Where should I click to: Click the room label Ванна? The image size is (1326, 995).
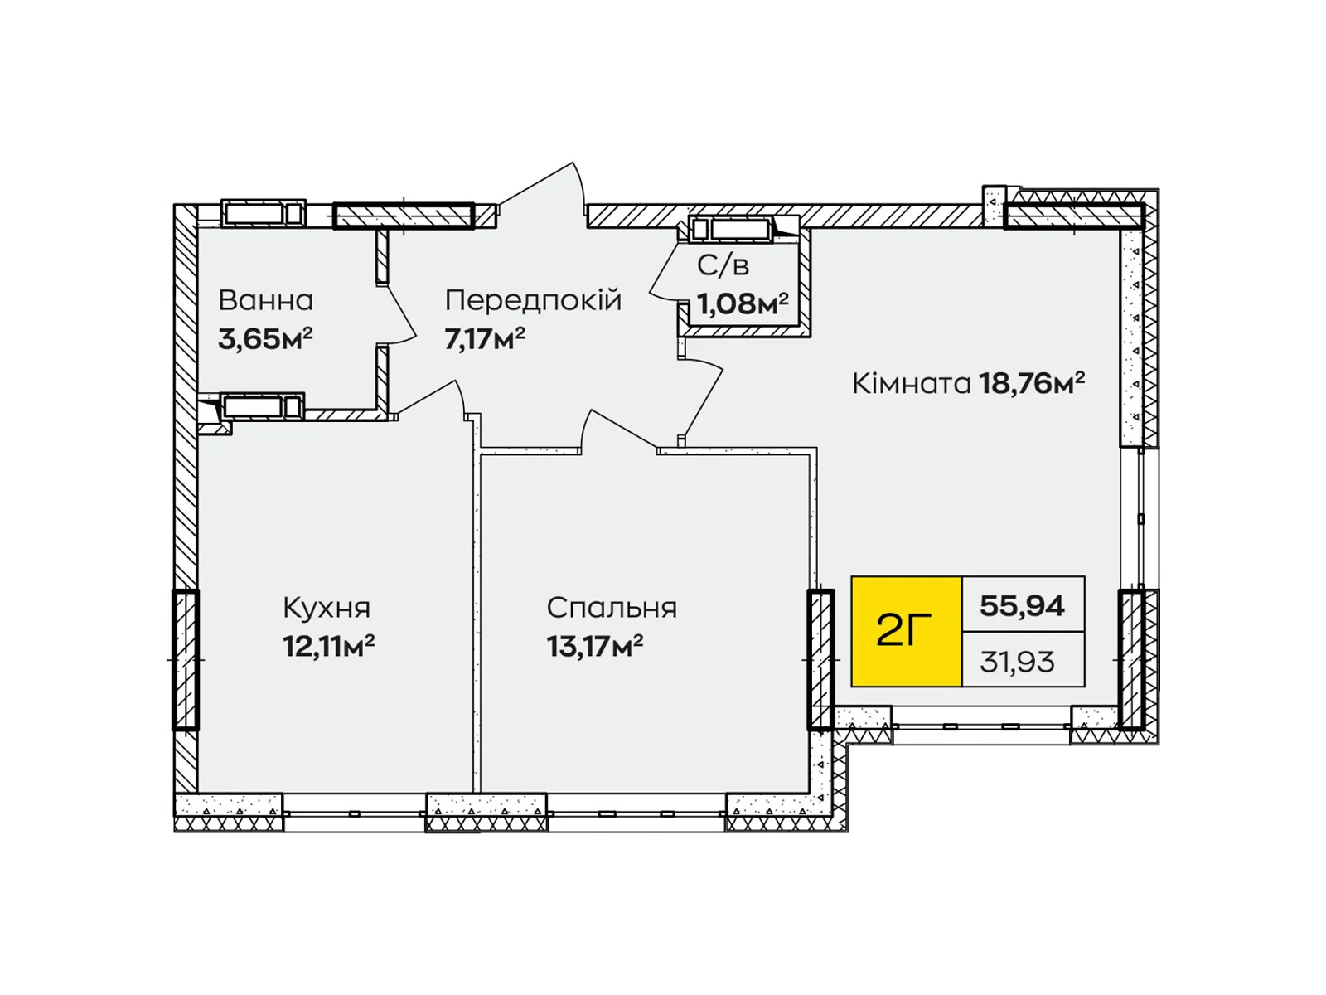coord(265,300)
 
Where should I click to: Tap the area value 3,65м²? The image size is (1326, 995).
coord(264,339)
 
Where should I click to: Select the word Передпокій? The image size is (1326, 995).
coord(533,300)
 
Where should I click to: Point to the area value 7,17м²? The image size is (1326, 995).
coord(485,339)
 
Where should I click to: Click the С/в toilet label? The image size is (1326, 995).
coord(723,265)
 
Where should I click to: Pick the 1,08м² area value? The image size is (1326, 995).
coord(743,303)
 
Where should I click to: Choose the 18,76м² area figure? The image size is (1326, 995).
coord(1032,383)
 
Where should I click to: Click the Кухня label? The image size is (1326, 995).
coord(327,609)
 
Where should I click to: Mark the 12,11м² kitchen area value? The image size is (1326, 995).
coord(328,647)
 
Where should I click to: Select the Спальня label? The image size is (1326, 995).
coord(612,609)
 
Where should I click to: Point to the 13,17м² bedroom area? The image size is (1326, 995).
coord(594,647)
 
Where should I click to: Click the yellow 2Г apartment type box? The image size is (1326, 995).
coord(906,631)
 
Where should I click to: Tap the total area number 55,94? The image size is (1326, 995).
coord(1022,605)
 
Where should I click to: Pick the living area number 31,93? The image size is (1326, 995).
coord(1018,663)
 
